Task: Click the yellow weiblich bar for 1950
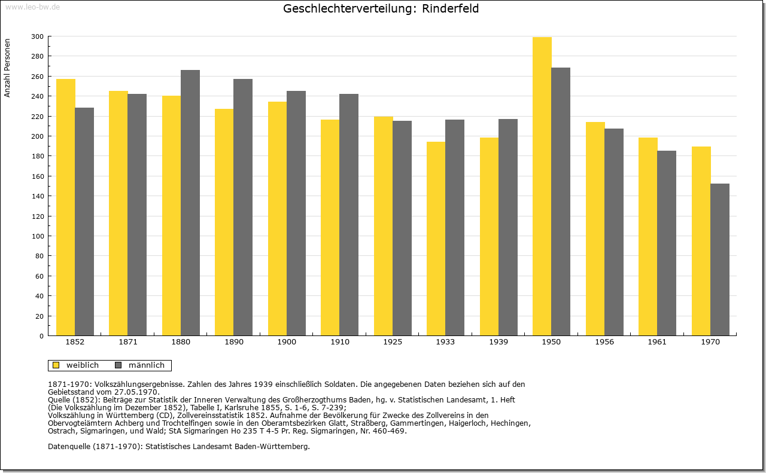pos(542,186)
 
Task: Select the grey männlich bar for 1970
pos(720,260)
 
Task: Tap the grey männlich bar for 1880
pos(190,203)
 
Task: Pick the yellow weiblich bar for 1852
pos(66,207)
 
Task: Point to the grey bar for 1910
pos(349,215)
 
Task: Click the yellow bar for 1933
pos(436,239)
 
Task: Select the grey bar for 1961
pos(667,243)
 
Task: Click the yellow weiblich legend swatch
pos(56,365)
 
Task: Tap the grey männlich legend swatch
pos(118,365)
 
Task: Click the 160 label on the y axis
pos(37,176)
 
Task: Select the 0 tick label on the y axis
pos(41,336)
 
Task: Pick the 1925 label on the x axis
pos(393,342)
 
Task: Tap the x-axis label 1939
pos(498,342)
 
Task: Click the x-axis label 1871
pos(128,342)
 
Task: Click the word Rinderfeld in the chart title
pos(450,8)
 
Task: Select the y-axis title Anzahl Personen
pos(7,68)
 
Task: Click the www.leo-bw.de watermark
pos(32,7)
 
